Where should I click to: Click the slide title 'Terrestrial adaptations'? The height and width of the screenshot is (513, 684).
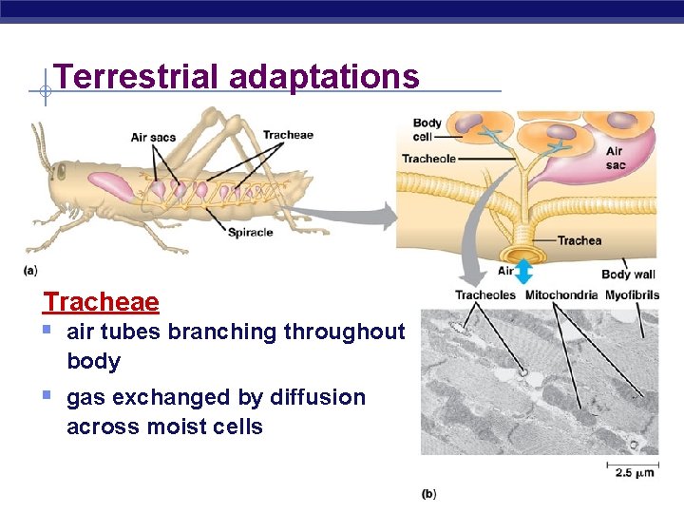click(x=237, y=76)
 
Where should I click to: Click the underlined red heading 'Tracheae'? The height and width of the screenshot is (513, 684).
click(x=101, y=302)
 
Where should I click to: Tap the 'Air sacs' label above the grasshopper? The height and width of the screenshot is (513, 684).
click(x=153, y=138)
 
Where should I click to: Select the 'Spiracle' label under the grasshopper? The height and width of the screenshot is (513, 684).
click(x=250, y=232)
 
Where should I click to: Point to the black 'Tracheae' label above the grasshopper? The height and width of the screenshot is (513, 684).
click(x=288, y=135)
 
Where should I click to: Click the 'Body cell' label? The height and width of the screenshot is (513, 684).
click(x=427, y=129)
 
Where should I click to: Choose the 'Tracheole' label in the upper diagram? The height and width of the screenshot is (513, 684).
click(x=428, y=159)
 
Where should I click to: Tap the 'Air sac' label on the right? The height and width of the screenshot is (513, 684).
click(x=616, y=158)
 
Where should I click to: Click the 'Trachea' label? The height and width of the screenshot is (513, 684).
click(x=579, y=240)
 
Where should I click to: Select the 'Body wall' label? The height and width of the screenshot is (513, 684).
click(x=628, y=275)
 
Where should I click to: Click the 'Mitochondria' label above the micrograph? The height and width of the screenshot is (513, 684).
click(x=561, y=294)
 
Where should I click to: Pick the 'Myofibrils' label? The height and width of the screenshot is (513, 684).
click(x=632, y=294)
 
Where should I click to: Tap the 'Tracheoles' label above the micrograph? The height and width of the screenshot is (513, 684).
click(x=484, y=294)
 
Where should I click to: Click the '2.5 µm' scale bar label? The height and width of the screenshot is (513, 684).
click(x=630, y=473)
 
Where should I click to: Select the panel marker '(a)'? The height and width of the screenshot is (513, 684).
click(x=31, y=271)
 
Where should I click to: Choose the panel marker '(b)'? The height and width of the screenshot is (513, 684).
click(x=428, y=493)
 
